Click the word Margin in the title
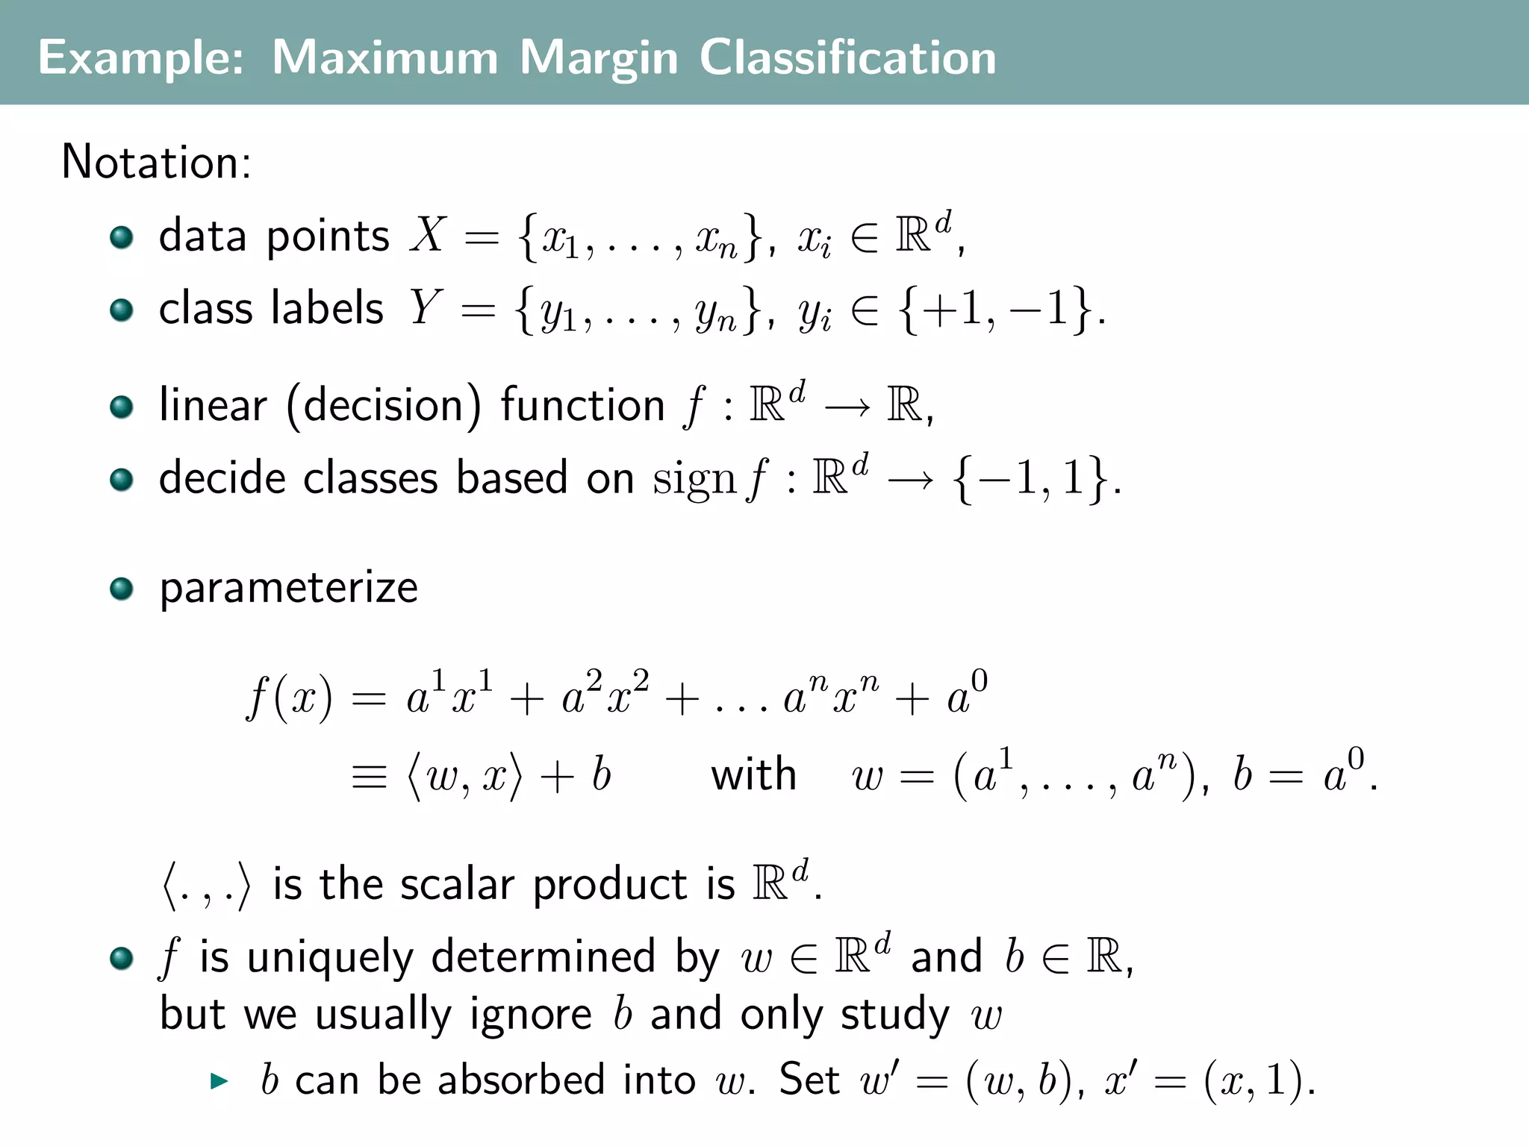(599, 58)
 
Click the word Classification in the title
(847, 58)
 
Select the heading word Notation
(155, 162)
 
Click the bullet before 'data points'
(121, 238)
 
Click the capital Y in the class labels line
(426, 307)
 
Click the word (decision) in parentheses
(384, 406)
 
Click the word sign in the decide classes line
(694, 479)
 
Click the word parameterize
(288, 588)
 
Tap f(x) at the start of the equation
(290, 698)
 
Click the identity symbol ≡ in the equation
(369, 776)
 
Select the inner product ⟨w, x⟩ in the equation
(464, 776)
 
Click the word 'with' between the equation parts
(753, 774)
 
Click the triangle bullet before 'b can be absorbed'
(219, 1080)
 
